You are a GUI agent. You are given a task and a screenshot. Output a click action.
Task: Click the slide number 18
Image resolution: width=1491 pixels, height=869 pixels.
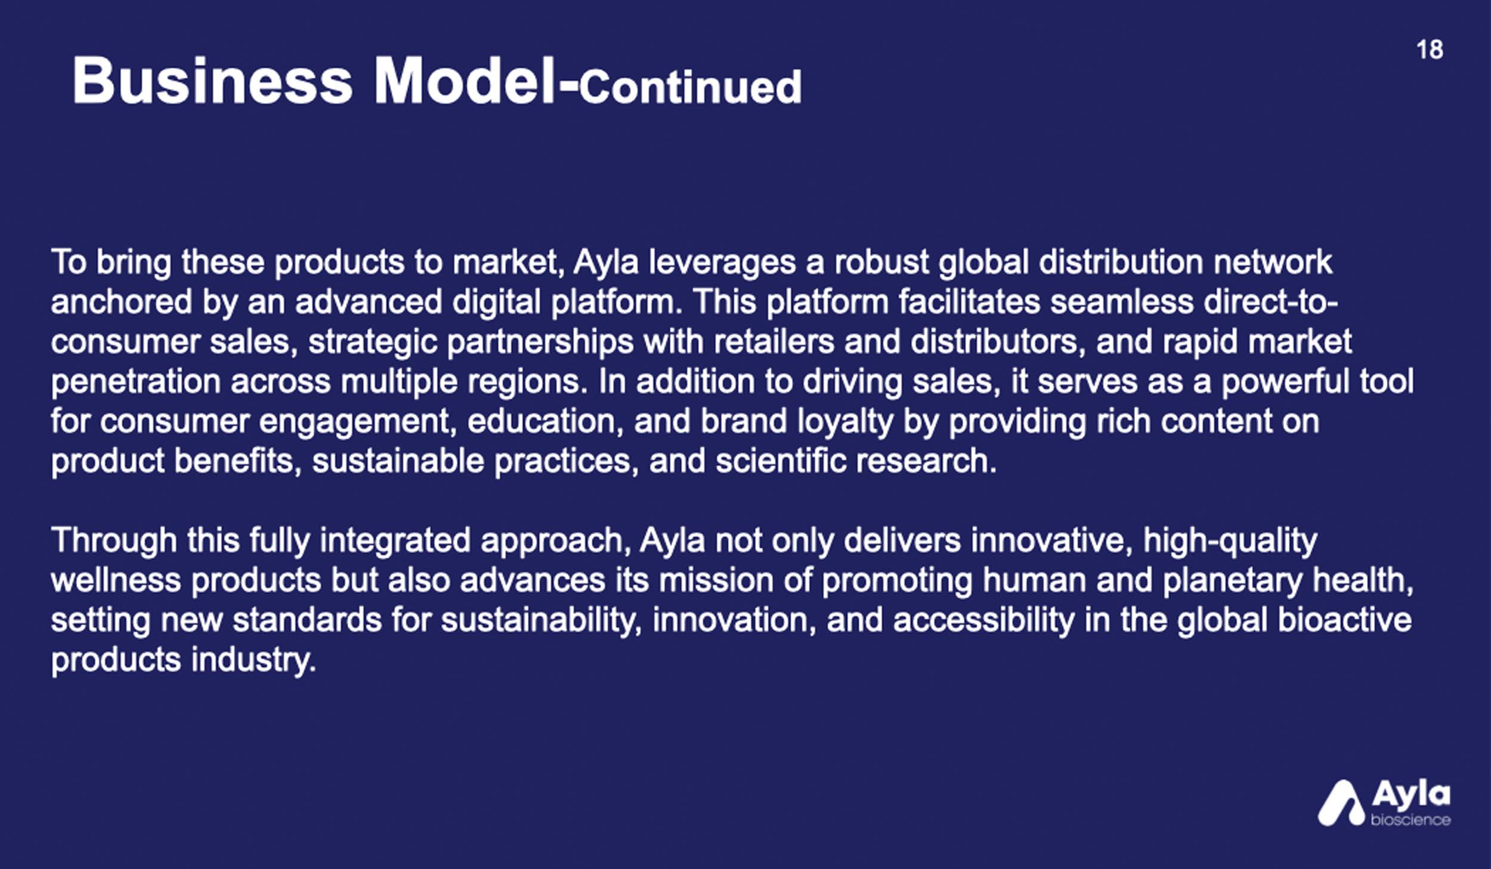[x=1430, y=50]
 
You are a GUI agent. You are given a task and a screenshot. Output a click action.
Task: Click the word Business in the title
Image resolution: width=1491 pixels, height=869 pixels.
[x=212, y=81]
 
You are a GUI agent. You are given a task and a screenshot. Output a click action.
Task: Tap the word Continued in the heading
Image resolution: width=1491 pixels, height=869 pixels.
[x=690, y=87]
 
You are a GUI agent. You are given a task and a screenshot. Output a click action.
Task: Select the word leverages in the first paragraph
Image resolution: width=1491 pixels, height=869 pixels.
[x=722, y=262]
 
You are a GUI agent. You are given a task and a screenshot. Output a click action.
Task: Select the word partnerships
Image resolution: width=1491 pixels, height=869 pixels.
[x=540, y=342]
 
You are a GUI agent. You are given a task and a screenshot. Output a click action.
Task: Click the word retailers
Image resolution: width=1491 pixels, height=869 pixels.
[x=774, y=342]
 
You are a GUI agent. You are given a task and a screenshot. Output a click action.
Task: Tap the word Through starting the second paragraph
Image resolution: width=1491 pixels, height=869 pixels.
[x=115, y=542]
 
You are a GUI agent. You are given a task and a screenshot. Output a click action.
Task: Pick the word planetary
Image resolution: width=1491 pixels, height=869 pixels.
[x=1232, y=581]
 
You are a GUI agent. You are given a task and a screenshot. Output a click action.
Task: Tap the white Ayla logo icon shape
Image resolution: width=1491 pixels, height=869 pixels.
[x=1341, y=803]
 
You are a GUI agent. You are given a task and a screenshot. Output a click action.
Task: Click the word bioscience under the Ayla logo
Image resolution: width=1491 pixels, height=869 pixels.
[x=1410, y=820]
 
